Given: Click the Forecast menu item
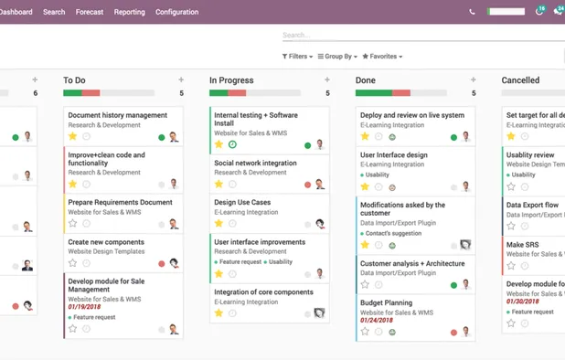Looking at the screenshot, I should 90,12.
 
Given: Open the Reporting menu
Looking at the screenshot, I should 129,12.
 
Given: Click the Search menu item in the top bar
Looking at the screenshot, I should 54,12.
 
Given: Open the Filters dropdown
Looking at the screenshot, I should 297,57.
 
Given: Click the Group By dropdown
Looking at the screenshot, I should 336,57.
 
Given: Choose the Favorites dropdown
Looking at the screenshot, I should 382,57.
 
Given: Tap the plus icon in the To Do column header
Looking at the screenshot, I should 181,80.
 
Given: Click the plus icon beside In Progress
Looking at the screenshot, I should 327,80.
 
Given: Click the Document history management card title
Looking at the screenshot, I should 117,115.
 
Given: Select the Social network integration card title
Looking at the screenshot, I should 255,163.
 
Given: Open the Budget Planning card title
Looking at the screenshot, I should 386,302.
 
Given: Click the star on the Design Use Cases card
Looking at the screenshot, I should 219,223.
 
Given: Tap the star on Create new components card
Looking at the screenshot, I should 73,263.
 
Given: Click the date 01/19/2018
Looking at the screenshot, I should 84,307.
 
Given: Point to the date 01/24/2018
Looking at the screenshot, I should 377,321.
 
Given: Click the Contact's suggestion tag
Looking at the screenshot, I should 394,234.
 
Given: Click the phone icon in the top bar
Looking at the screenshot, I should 472,12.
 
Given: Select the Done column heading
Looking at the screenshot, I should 366,80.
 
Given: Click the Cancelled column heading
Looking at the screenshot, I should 520,80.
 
